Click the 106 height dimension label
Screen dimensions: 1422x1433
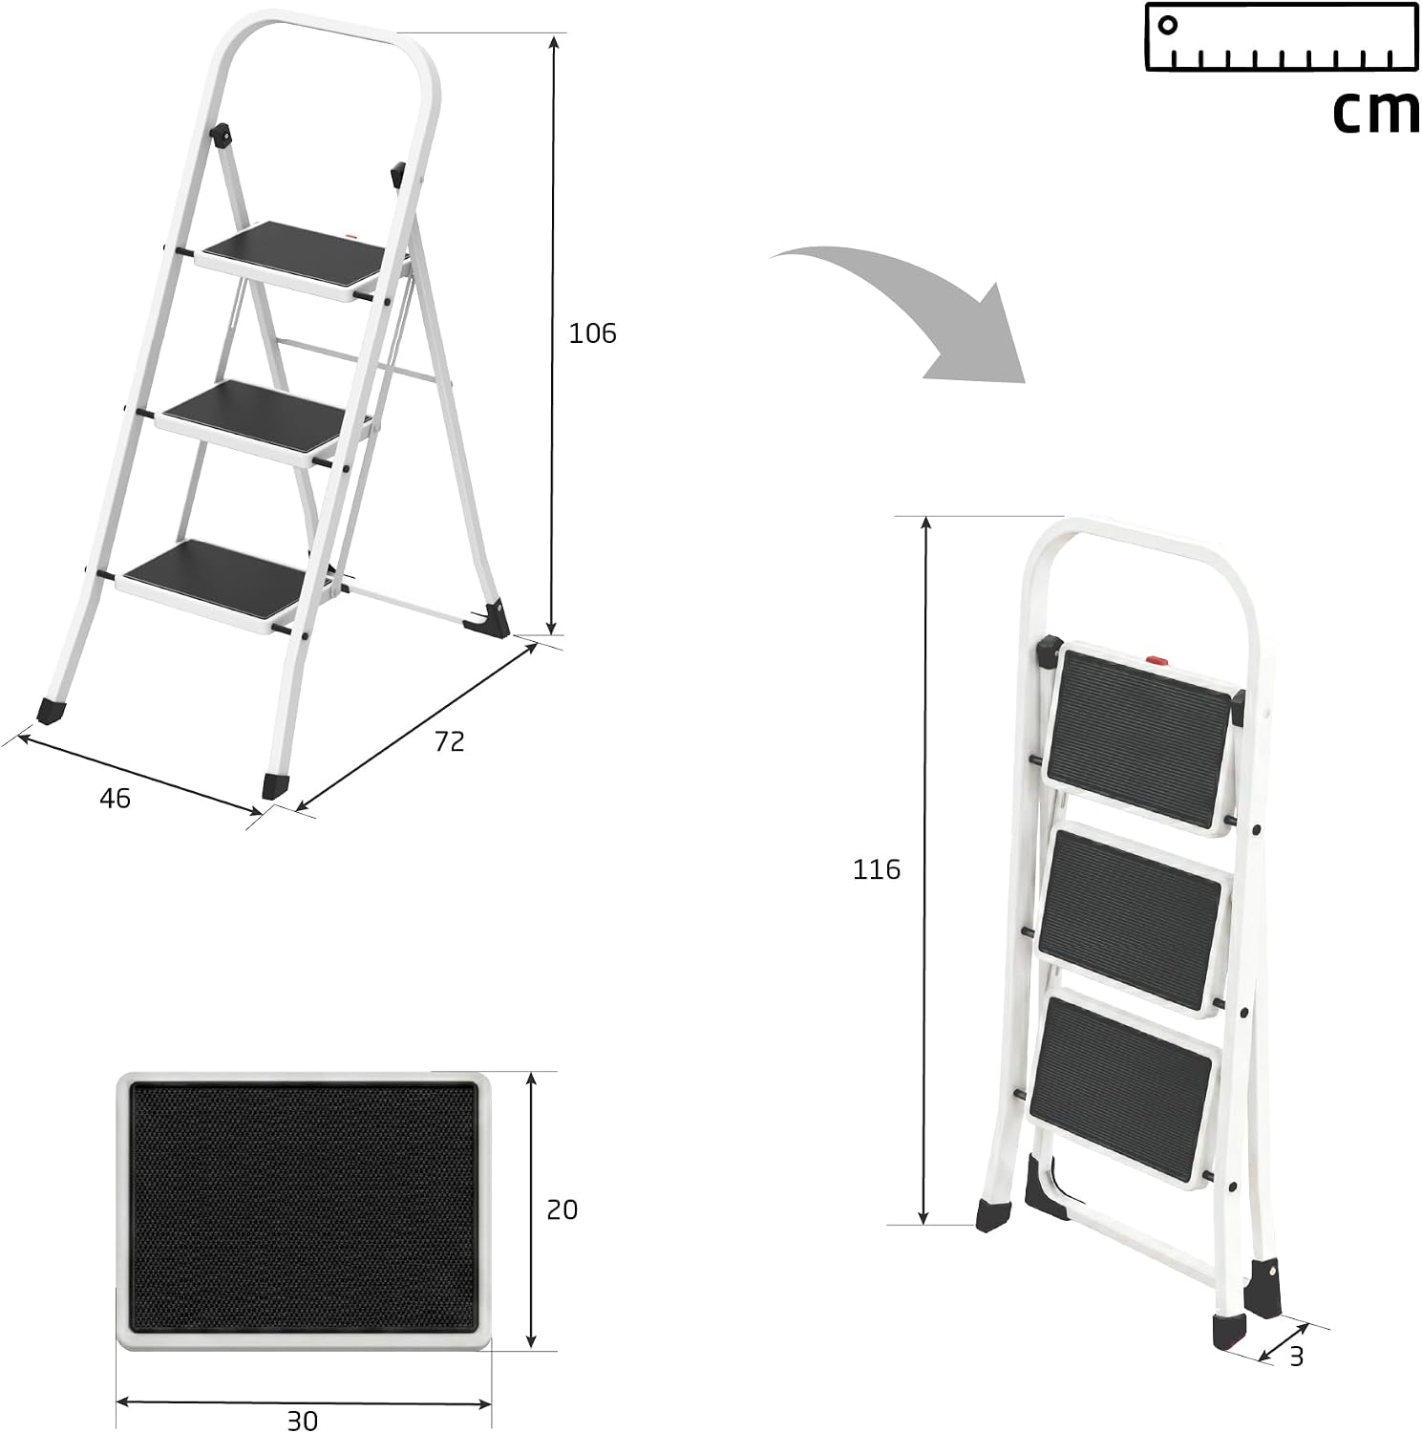point(592,333)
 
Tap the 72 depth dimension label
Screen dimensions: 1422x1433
point(449,741)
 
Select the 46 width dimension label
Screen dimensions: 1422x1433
point(115,799)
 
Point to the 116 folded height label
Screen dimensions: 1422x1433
point(877,869)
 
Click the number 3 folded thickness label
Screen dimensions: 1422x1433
point(1296,1355)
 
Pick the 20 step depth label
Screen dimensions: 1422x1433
point(562,1209)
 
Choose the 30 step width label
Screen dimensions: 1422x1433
point(303,1421)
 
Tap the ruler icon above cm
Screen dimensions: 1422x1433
point(1281,36)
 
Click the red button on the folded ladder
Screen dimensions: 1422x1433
point(1157,659)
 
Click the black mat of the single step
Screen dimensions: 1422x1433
point(303,1208)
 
